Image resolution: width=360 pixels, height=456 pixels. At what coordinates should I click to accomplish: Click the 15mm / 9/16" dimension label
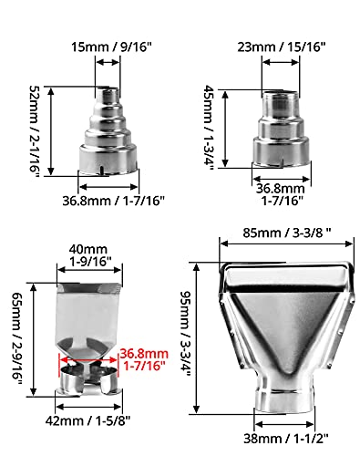point(111,47)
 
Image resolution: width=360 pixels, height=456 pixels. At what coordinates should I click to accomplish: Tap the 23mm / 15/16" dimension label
point(282,47)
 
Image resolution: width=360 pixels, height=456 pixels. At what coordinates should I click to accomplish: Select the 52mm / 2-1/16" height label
point(35,131)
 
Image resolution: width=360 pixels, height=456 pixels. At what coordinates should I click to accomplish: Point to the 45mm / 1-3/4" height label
point(209,128)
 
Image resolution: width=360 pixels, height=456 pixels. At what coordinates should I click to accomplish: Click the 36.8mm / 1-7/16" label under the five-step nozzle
point(113,201)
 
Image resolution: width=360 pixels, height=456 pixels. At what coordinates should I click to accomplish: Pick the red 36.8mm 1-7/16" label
point(144,359)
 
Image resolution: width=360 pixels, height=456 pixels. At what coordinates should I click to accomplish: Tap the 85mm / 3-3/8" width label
point(287,233)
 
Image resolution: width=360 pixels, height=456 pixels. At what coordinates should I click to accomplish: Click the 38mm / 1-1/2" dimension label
point(286,439)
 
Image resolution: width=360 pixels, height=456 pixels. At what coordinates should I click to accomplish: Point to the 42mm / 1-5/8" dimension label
point(87,421)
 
